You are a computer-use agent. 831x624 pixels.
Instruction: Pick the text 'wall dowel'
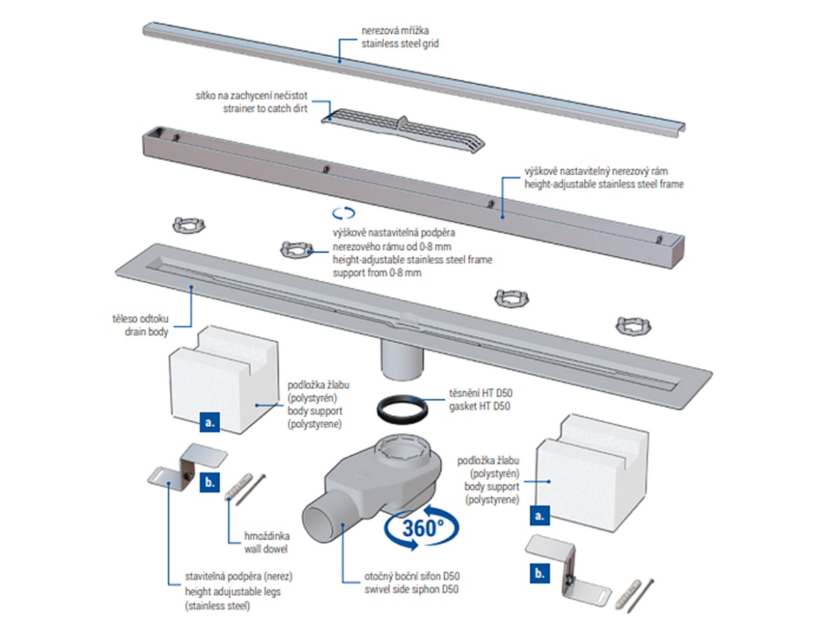pos(261,549)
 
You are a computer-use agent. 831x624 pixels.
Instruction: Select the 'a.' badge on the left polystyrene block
pos(209,421)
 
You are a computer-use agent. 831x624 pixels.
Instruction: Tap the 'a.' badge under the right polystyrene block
pos(538,516)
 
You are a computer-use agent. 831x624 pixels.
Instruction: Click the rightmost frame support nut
pos(632,326)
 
